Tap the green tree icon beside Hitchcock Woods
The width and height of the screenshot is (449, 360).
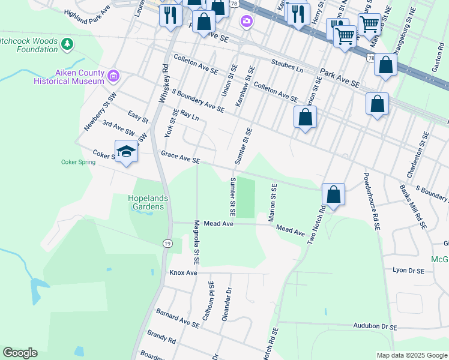(67, 43)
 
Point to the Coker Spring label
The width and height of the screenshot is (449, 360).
(78, 162)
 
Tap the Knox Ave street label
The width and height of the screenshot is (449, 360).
(183, 273)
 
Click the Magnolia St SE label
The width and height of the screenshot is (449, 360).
(196, 242)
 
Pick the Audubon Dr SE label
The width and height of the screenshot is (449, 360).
(376, 328)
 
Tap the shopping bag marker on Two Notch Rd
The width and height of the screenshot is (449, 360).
(333, 194)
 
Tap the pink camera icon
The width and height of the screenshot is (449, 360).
(246, 22)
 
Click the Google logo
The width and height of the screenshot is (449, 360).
(20, 353)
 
